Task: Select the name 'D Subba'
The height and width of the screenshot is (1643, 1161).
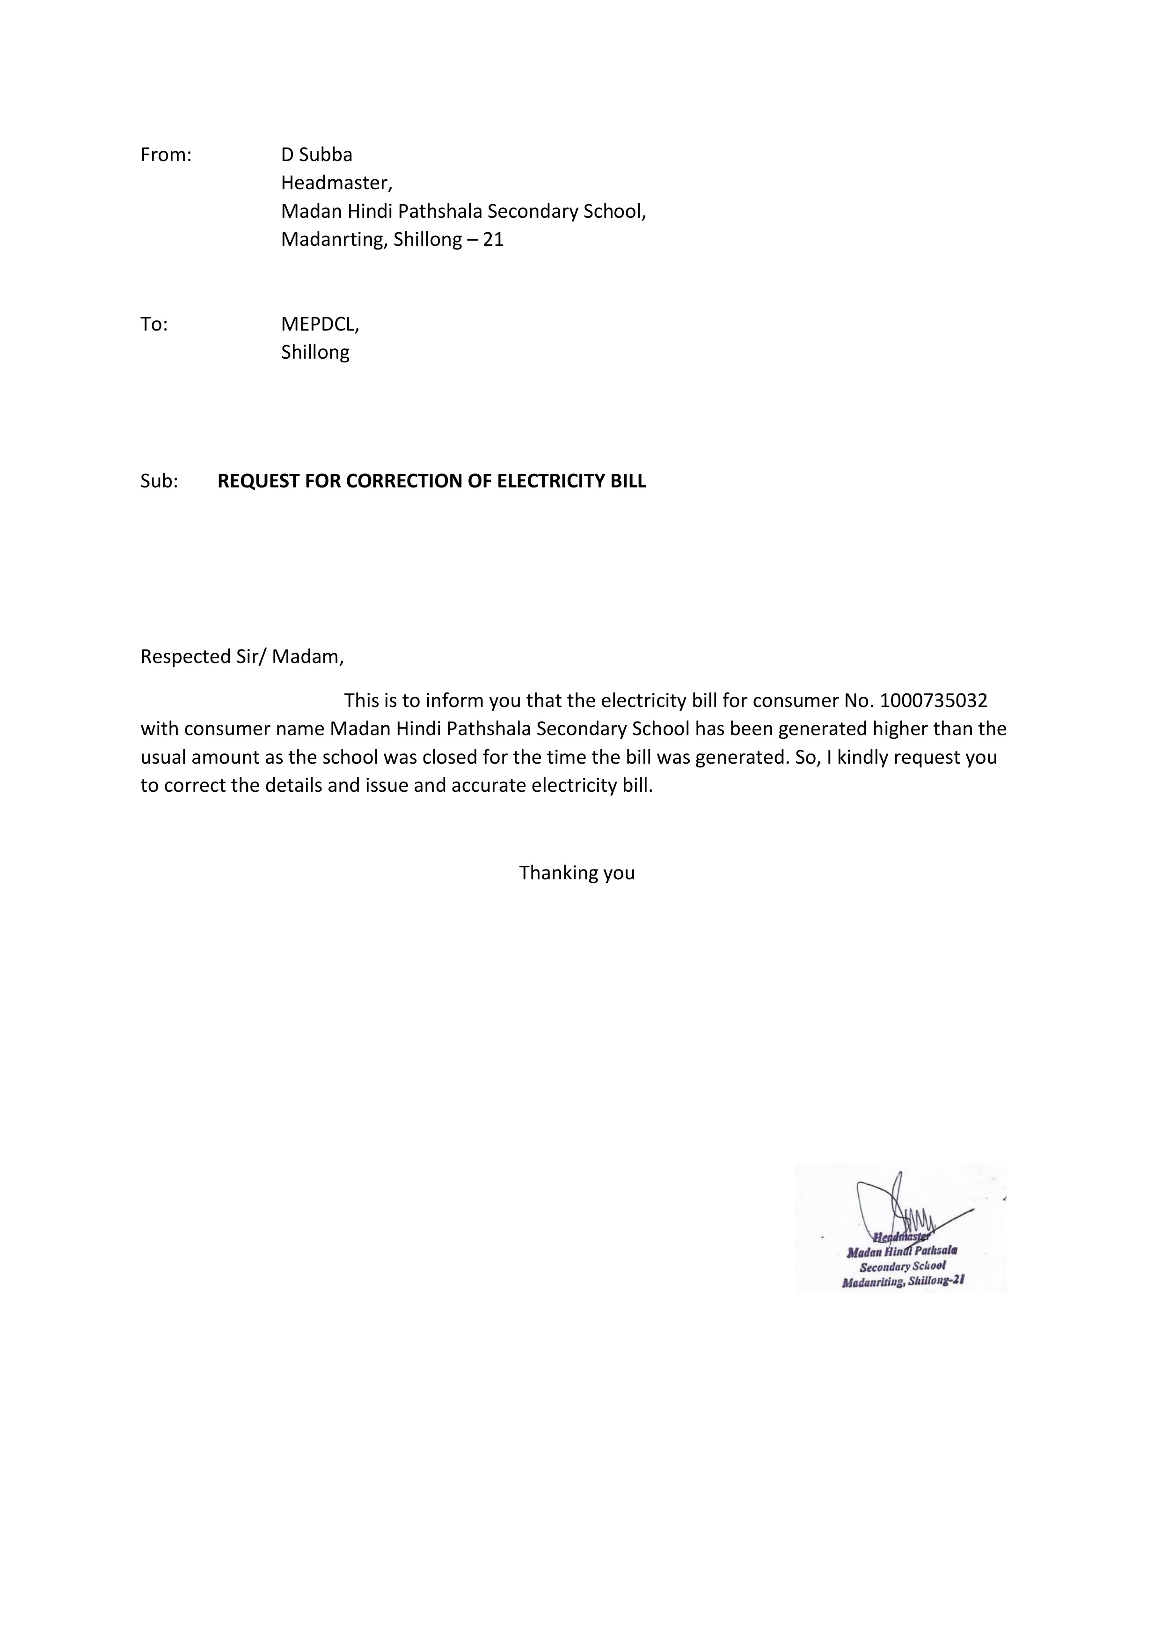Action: click(x=316, y=155)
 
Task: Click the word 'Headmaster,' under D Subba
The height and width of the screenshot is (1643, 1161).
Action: click(x=336, y=183)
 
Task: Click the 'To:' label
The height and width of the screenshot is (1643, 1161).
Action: click(x=154, y=324)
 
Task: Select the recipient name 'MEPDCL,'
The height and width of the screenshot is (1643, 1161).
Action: click(x=320, y=324)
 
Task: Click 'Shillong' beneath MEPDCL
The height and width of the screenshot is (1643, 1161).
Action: click(x=315, y=352)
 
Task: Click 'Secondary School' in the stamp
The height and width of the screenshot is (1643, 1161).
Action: click(x=902, y=1266)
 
